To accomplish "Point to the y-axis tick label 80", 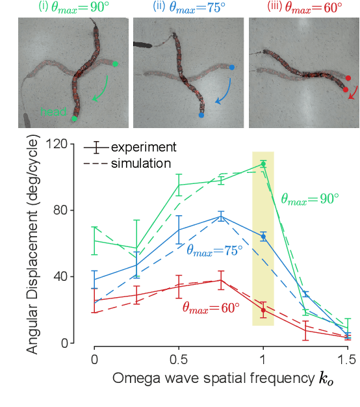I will tap(69, 211).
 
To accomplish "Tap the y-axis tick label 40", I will tap(69, 277).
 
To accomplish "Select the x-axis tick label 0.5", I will tap(179, 359).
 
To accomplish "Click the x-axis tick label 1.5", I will tap(347, 359).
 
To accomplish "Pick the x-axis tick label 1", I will tap(263, 359).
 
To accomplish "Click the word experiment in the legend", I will tap(144, 148).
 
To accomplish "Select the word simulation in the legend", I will tap(141, 163).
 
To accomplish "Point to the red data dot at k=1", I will tap(263, 310).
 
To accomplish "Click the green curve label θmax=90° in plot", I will tap(310, 199).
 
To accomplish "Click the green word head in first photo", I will tap(53, 112).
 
